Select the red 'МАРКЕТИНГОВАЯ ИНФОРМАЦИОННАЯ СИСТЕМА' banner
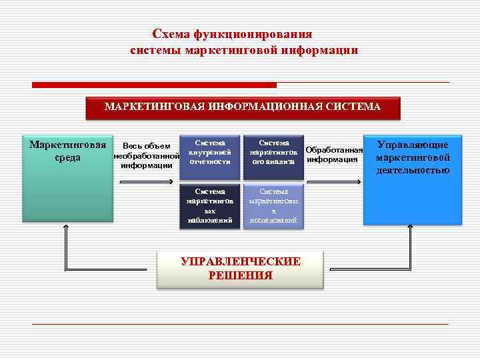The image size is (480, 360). pos(243,107)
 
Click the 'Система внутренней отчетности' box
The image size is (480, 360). pos(209,157)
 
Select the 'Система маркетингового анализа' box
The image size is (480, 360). pos(273,157)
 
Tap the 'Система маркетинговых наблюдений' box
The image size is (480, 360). pos(209,205)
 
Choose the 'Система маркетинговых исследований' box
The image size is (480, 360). pos(273,205)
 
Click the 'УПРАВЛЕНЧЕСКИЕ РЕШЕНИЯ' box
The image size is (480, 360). pos(240,269)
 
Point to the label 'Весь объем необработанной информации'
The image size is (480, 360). pos(147,156)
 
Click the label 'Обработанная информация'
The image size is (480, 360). pos(334,154)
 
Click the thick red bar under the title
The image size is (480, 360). pos(155,85)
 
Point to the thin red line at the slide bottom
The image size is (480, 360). pos(240,324)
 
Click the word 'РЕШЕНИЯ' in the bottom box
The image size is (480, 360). pos(240,275)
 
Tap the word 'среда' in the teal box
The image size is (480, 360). pos(68,158)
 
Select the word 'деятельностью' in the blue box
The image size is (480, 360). pos(413,171)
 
